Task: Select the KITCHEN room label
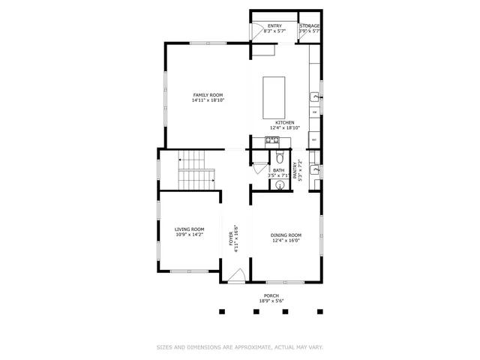[x=284, y=122]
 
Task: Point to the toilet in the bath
[x=279, y=157]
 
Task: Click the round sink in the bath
[x=278, y=184]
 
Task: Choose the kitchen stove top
[x=271, y=140]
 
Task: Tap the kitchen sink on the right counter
[x=315, y=97]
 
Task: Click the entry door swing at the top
[x=256, y=31]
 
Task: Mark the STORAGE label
[x=310, y=26]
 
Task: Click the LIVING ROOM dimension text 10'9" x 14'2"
[x=190, y=235]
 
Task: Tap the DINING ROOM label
[x=285, y=235]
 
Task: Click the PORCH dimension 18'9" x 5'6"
[x=271, y=301]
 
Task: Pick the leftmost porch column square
[x=221, y=310]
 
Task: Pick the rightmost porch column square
[x=320, y=310]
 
